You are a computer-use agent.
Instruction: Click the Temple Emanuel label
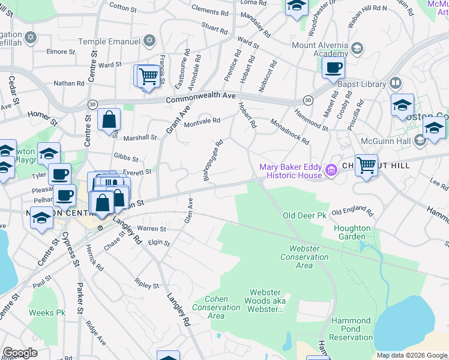tap(109, 41)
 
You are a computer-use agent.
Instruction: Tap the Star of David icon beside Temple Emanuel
tap(149, 41)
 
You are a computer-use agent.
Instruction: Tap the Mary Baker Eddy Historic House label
tap(291, 171)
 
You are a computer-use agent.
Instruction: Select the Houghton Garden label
tap(352, 232)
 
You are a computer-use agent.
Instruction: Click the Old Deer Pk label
tap(306, 215)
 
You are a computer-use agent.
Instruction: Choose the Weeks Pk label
tap(47, 313)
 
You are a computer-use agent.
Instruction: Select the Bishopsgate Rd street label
tap(214, 160)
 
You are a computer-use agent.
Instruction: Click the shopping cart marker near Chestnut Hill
tap(366, 164)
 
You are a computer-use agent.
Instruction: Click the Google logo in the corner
tap(20, 353)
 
